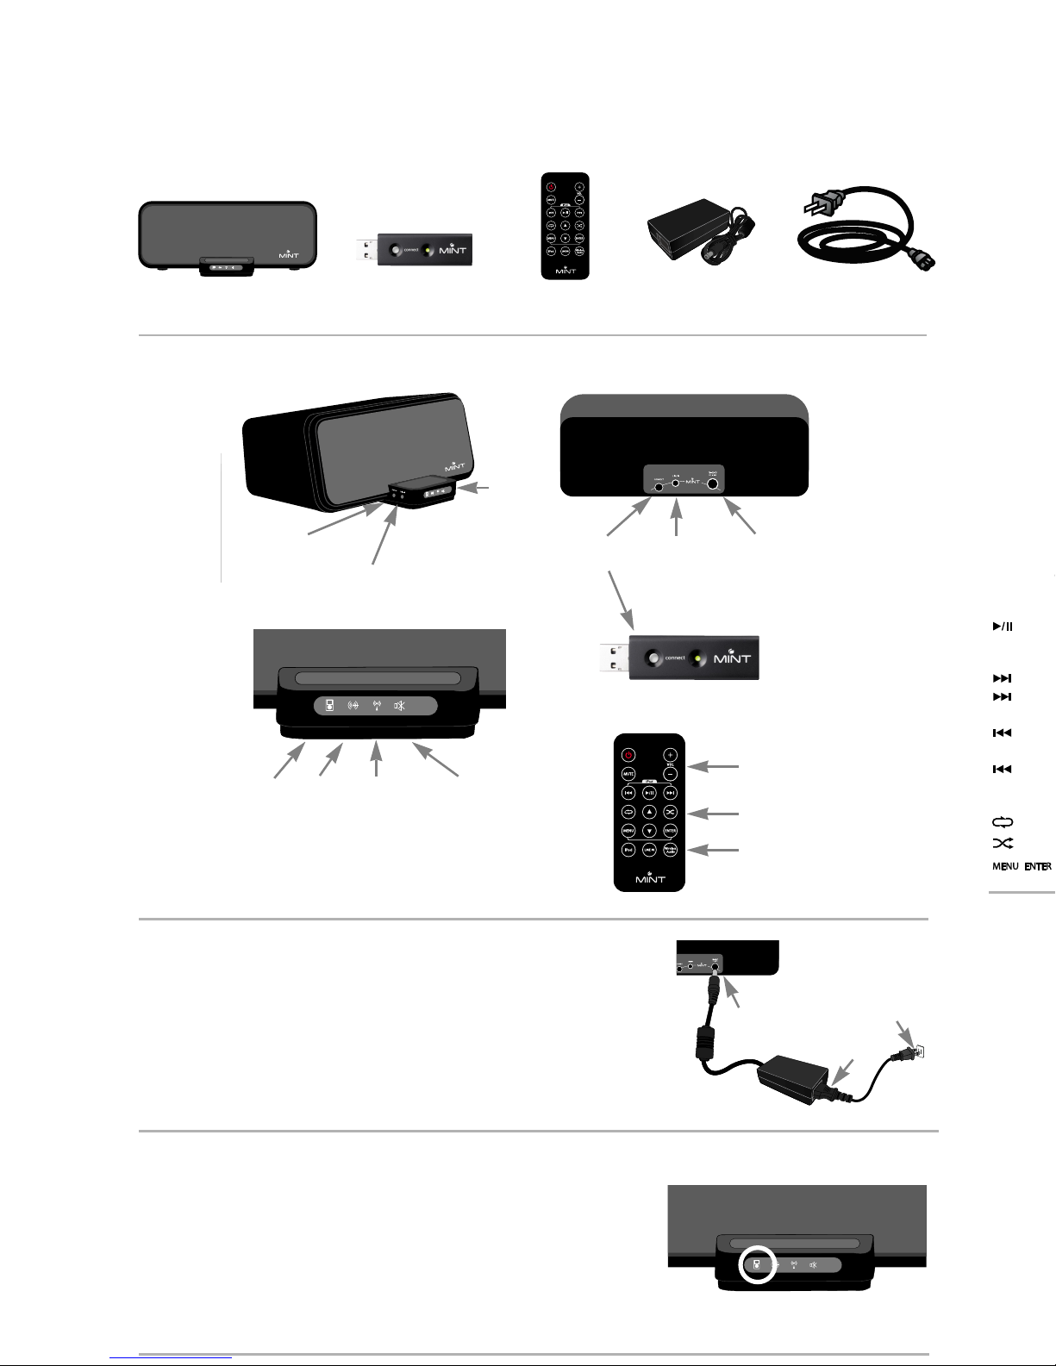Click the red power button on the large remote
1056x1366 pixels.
(628, 755)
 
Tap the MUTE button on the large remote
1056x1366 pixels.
(628, 774)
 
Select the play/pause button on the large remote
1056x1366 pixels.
(650, 793)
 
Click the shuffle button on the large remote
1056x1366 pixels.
(670, 812)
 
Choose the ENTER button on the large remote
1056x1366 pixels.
(670, 831)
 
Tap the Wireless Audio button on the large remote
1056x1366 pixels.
(670, 850)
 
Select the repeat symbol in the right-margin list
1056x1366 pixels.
(1001, 823)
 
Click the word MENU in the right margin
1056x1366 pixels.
(1004, 867)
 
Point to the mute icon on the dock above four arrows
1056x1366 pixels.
(400, 706)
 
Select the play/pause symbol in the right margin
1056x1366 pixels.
(1002, 627)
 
